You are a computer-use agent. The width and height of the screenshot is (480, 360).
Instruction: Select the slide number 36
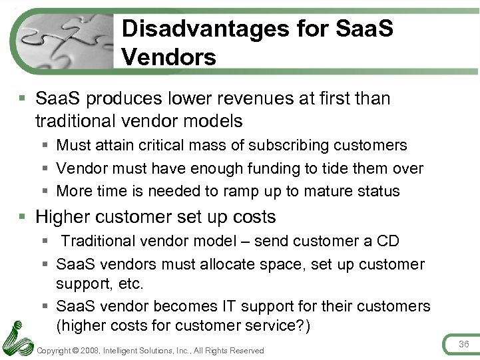coord(464,344)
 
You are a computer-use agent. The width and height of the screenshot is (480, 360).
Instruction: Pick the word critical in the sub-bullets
coord(175,145)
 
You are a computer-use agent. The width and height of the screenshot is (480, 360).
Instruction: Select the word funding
coord(286,168)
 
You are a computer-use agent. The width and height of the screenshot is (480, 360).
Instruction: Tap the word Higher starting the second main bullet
coord(63,217)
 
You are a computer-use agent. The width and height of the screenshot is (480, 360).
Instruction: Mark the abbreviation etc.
coord(130,283)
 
